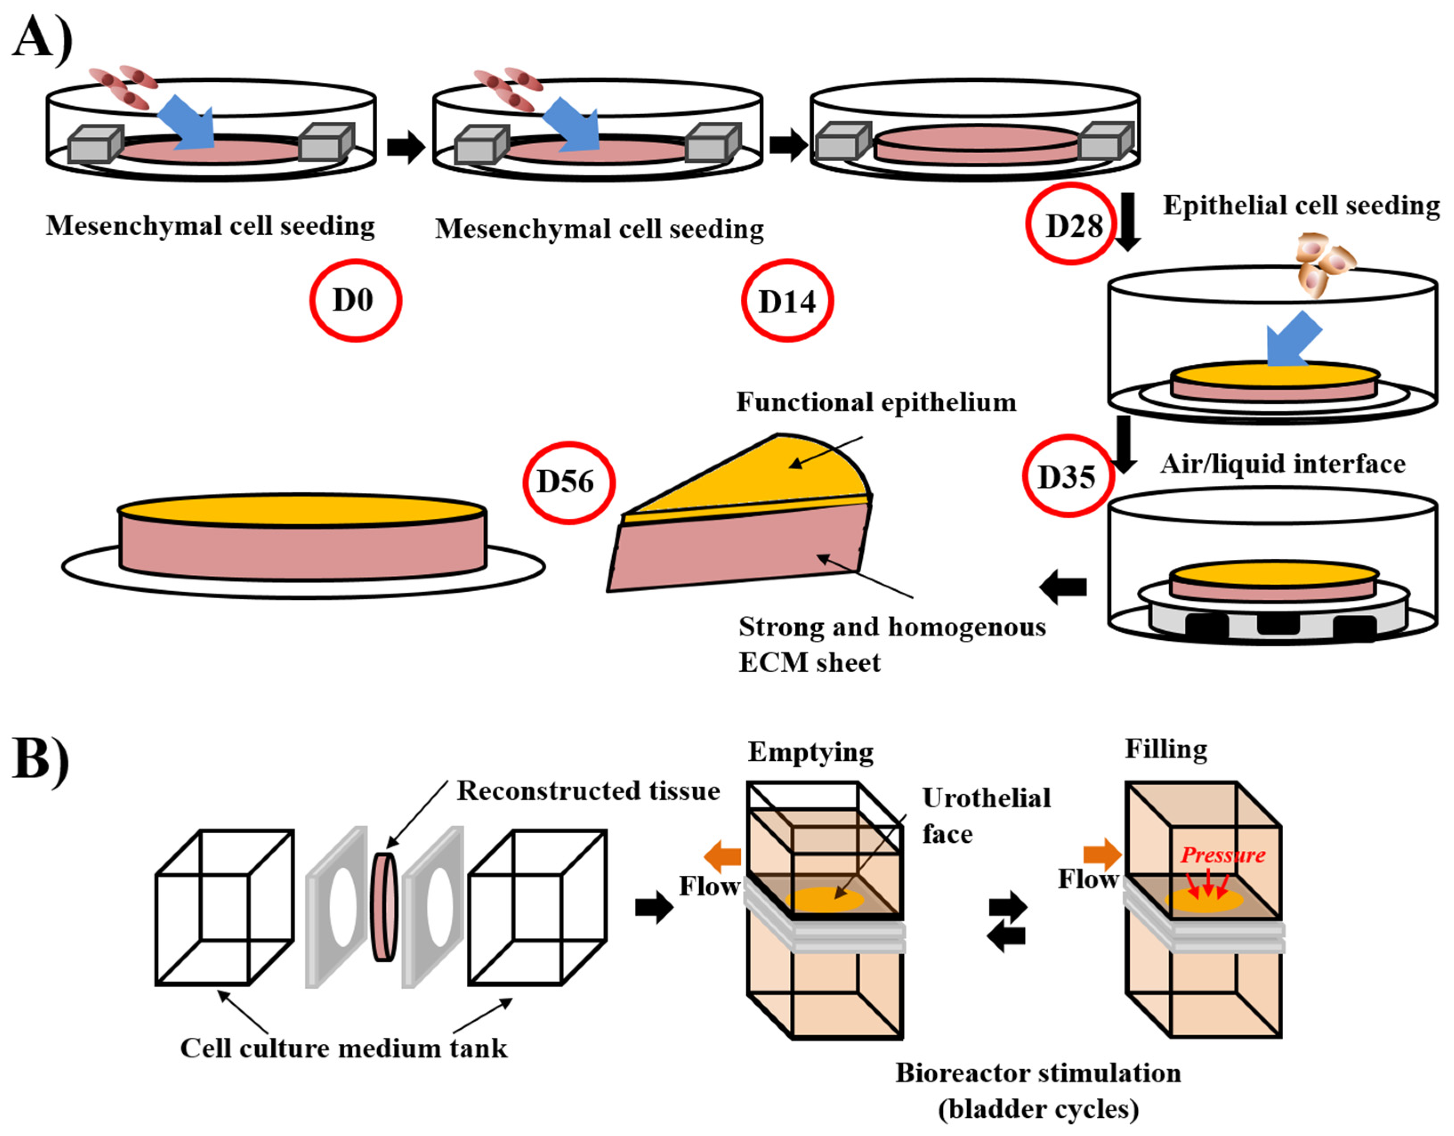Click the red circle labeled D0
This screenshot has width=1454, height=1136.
[355, 300]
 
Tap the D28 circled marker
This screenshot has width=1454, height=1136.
[1071, 224]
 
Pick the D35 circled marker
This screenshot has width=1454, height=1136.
[1067, 476]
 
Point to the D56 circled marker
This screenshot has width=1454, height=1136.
[568, 483]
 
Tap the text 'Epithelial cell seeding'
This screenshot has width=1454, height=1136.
[1301, 205]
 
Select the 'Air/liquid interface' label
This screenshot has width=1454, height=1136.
[1282, 464]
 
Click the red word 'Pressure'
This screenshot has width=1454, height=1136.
[1223, 855]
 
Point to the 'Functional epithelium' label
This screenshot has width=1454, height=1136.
[876, 402]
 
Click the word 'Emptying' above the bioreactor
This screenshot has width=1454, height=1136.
[810, 752]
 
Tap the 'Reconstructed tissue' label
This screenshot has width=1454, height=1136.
[588, 790]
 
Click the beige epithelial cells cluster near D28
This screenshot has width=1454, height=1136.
[1324, 263]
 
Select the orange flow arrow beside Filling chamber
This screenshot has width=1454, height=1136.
[1102, 854]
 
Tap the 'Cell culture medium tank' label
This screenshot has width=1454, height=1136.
[343, 1048]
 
